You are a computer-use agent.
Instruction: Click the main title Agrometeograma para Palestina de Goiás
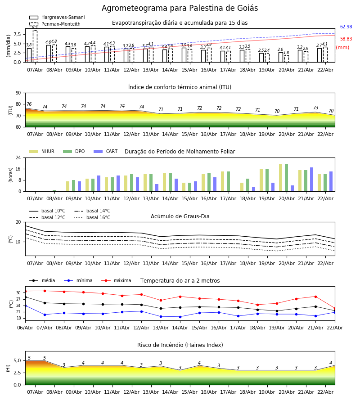point(180,9)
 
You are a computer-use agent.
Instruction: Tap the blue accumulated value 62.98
point(346,27)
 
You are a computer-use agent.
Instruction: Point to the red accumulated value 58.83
point(346,39)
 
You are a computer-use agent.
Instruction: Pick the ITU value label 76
point(29,104)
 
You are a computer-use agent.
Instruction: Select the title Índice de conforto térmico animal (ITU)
point(180,87)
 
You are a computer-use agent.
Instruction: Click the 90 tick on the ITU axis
point(18,93)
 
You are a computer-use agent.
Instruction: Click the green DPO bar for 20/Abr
point(286,178)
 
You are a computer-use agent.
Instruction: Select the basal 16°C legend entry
point(98,218)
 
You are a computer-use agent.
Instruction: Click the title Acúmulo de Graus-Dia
point(180,216)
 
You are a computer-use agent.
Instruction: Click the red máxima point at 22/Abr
point(334,309)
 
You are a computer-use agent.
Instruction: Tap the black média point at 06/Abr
point(25,297)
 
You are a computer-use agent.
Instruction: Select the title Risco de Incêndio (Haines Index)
point(180,345)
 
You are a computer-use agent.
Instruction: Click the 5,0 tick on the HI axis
point(17,360)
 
